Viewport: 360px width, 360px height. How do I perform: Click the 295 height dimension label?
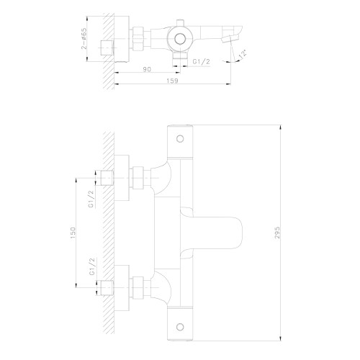[x=277, y=233]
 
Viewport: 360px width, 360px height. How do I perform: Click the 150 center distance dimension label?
[x=73, y=233]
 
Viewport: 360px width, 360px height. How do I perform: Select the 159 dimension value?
[x=173, y=81]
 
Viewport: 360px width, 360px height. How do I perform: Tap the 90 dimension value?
[x=147, y=69]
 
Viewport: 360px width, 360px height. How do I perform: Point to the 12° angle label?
[x=243, y=54]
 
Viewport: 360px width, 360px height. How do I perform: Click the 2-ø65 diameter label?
[x=84, y=39]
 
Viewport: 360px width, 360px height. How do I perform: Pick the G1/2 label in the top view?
[x=201, y=62]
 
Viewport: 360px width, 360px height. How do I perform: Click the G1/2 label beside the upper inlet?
[x=91, y=199]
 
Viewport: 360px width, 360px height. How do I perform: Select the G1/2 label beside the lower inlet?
[x=92, y=266]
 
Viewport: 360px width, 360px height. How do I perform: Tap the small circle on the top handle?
[x=180, y=139]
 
